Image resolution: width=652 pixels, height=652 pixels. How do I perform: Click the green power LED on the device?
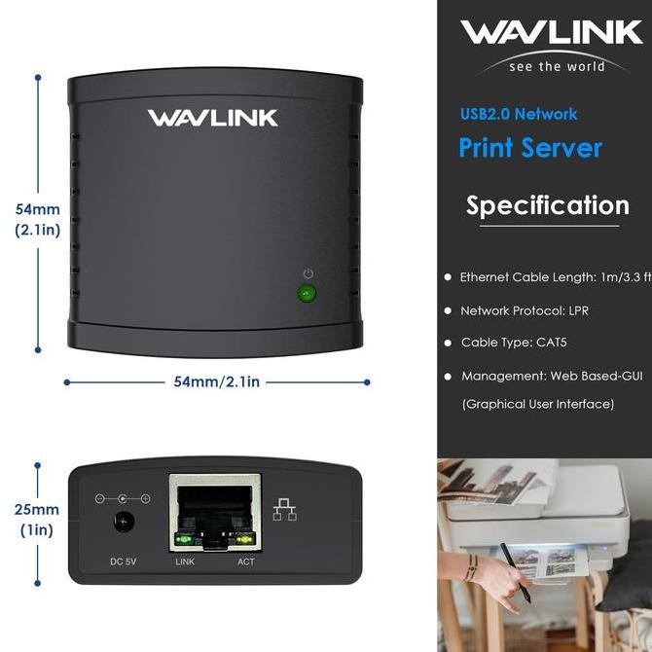[308, 293]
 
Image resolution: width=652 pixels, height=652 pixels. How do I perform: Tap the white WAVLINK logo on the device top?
[212, 119]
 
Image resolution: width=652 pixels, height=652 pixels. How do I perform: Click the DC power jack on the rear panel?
[123, 523]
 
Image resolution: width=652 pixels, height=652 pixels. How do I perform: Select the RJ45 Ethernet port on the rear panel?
[214, 513]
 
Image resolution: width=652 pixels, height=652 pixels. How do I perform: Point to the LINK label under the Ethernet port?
[185, 561]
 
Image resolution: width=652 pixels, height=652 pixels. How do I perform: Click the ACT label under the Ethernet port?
[246, 561]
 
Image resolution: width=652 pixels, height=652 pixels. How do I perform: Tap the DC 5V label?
[123, 561]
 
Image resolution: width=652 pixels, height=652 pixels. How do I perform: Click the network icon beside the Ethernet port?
[285, 509]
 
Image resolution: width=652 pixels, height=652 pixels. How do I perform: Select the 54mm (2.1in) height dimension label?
[37, 220]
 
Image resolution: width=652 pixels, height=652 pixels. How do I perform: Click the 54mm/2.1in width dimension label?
[216, 382]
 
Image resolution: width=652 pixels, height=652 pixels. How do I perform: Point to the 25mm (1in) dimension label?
[38, 520]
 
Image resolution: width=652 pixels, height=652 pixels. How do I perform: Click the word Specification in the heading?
[547, 206]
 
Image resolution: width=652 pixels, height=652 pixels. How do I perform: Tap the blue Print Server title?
[530, 148]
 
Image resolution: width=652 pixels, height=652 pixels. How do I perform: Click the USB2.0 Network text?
[519, 114]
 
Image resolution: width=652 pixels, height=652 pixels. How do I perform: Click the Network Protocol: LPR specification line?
[525, 311]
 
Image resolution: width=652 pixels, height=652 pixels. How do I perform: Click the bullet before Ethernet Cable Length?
[447, 278]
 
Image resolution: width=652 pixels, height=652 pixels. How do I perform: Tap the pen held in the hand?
[516, 573]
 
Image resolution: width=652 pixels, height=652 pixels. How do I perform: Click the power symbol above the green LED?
[308, 274]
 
